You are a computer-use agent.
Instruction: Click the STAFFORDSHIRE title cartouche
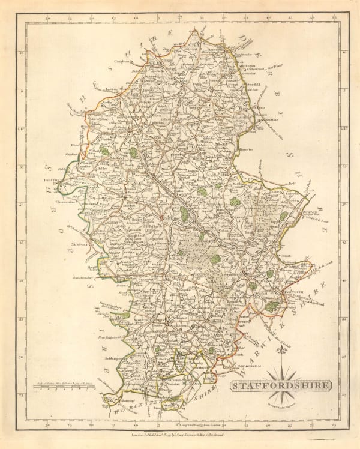tap(280, 385)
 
